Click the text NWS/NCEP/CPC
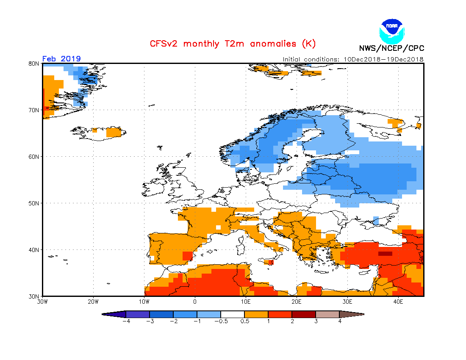coord(391,48)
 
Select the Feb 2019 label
coord(61,58)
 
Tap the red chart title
coord(233,44)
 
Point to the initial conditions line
coord(353,59)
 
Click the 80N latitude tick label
coord(34,64)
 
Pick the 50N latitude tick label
coord(34,203)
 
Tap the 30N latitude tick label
coord(34,296)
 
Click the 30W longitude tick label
coord(42,302)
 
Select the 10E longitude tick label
coord(246,302)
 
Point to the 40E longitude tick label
coord(398,302)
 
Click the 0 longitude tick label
coord(195,302)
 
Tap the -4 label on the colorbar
coord(125,321)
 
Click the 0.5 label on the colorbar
coord(244,321)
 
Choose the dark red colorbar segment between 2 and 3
coord(303,314)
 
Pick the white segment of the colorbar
coord(233,314)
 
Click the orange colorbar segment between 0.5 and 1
coord(256,314)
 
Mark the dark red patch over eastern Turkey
coord(385,254)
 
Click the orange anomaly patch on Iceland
coord(113,132)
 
